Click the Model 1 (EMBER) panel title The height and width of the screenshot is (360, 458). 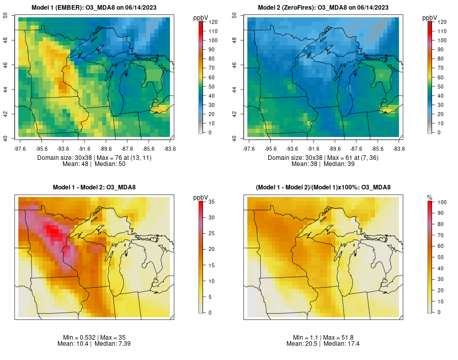(x=95, y=8)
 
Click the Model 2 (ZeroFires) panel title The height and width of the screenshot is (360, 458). (x=323, y=8)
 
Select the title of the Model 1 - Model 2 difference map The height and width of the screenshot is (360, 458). (x=95, y=187)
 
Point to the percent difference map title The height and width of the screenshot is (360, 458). (x=323, y=187)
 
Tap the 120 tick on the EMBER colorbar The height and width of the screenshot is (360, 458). (x=213, y=22)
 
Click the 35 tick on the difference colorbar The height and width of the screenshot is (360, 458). (x=211, y=202)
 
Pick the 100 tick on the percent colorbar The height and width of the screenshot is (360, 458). (x=442, y=202)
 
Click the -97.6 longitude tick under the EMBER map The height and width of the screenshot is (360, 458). (x=19, y=149)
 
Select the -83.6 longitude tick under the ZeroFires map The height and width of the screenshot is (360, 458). (x=398, y=149)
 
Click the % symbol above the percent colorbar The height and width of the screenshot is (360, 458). (x=430, y=197)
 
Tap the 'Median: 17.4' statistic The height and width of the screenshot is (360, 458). (x=341, y=344)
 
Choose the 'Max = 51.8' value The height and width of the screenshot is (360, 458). (x=340, y=338)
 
